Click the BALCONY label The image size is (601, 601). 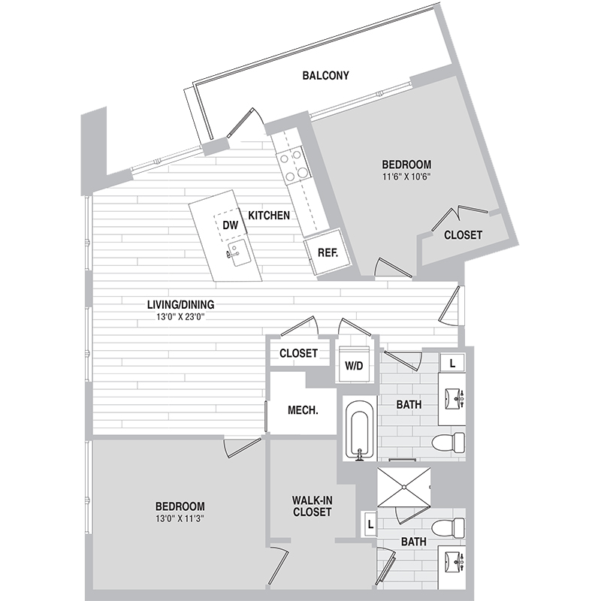(325, 76)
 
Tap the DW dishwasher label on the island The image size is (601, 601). (230, 225)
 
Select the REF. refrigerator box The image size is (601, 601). (328, 253)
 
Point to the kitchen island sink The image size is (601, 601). (239, 250)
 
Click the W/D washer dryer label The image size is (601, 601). (354, 366)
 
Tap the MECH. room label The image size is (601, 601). (303, 411)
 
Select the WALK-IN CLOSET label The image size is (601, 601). (312, 506)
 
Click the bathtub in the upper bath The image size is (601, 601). (358, 430)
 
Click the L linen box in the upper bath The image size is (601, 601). (452, 361)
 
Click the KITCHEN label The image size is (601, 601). (269, 216)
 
